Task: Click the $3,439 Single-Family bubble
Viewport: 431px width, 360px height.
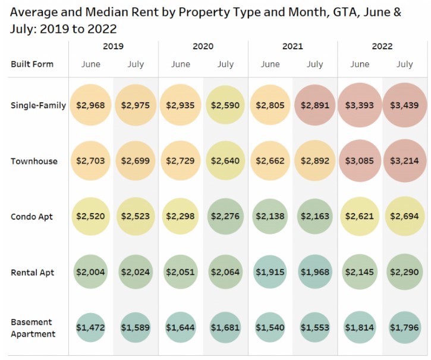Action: [x=404, y=105]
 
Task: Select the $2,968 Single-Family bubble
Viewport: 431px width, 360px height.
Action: [x=91, y=105]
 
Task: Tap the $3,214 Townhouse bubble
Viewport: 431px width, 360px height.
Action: [x=404, y=161]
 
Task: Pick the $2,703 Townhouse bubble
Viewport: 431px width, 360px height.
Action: [x=91, y=161]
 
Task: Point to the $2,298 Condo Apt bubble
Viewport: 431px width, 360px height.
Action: [x=181, y=217]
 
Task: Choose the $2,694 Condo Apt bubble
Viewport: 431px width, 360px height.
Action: [x=404, y=217]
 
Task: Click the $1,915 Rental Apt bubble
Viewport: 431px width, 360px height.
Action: [x=270, y=273]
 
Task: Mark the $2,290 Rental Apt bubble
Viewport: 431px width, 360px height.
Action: [x=404, y=273]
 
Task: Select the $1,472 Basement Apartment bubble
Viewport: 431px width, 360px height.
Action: [x=91, y=328]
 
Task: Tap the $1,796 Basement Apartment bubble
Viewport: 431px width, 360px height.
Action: [x=404, y=328]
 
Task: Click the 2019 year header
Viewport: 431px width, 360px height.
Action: [x=113, y=46]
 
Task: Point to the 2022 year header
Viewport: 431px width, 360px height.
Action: [x=382, y=46]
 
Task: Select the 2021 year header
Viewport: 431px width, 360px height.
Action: [x=292, y=46]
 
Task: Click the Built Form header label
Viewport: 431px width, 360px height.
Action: [x=32, y=64]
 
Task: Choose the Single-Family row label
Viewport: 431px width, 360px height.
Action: [x=38, y=105]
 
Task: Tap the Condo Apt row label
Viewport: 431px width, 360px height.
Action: [x=32, y=217]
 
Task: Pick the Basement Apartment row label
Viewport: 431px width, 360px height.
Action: [x=33, y=328]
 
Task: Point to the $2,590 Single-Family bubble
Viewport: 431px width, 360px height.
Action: [x=225, y=105]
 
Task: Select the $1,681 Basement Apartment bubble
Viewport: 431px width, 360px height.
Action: [x=225, y=328]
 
